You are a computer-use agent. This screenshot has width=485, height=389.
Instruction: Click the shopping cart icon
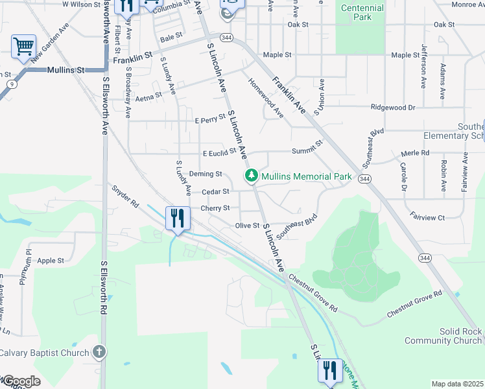tap(23, 47)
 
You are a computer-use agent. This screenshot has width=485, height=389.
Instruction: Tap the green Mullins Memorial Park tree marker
tap(250, 176)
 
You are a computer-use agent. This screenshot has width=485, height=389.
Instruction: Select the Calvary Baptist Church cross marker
tap(99, 352)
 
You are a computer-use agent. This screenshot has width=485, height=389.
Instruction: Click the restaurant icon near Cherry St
tap(178, 218)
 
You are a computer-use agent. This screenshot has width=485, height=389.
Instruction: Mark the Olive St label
tap(247, 226)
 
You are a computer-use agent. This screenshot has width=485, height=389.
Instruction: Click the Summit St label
tap(307, 150)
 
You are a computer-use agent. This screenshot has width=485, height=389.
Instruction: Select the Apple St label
tap(51, 261)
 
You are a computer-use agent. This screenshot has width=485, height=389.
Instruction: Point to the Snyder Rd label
tap(126, 197)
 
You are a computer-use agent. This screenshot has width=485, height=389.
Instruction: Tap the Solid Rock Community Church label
tap(442, 336)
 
